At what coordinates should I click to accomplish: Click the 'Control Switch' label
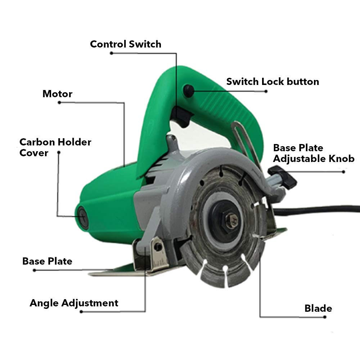126,44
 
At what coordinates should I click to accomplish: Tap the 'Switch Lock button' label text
273,81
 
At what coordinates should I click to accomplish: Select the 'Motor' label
57,94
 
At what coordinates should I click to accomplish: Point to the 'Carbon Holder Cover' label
55,147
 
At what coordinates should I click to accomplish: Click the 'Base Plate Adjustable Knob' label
314,153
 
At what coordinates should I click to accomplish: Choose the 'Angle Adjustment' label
74,303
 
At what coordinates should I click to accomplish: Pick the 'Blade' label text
318,309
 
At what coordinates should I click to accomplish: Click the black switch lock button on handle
189,90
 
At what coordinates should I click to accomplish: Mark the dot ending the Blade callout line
325,317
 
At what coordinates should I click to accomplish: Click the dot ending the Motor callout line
59,102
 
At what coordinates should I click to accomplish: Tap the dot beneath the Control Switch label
112,53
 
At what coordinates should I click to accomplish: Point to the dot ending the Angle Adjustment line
81,311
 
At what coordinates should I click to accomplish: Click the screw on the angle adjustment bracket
158,247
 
